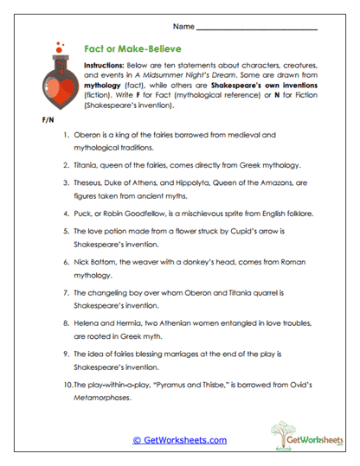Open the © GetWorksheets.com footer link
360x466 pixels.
(179, 440)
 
